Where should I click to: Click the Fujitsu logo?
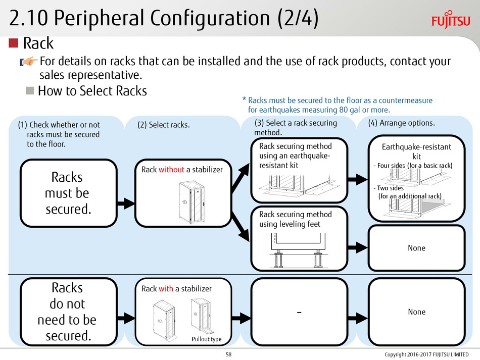[x=451, y=20]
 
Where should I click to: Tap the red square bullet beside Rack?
[x=14, y=43]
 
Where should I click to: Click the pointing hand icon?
[x=29, y=61]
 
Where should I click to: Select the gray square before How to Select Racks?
[x=30, y=90]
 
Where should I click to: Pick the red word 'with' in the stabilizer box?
[x=166, y=289]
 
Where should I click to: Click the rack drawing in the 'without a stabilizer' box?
[x=191, y=202]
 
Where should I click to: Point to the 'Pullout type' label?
[x=206, y=339]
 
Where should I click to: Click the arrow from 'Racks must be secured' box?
[x=125, y=203]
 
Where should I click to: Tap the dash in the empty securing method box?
[x=299, y=312]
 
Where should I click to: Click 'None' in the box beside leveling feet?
[x=416, y=248]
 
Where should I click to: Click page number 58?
[x=229, y=354]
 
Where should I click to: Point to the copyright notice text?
[x=426, y=354]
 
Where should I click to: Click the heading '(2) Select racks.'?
[x=164, y=125]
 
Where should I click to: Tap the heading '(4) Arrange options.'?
[x=401, y=123]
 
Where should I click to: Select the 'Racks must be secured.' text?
[x=67, y=193]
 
